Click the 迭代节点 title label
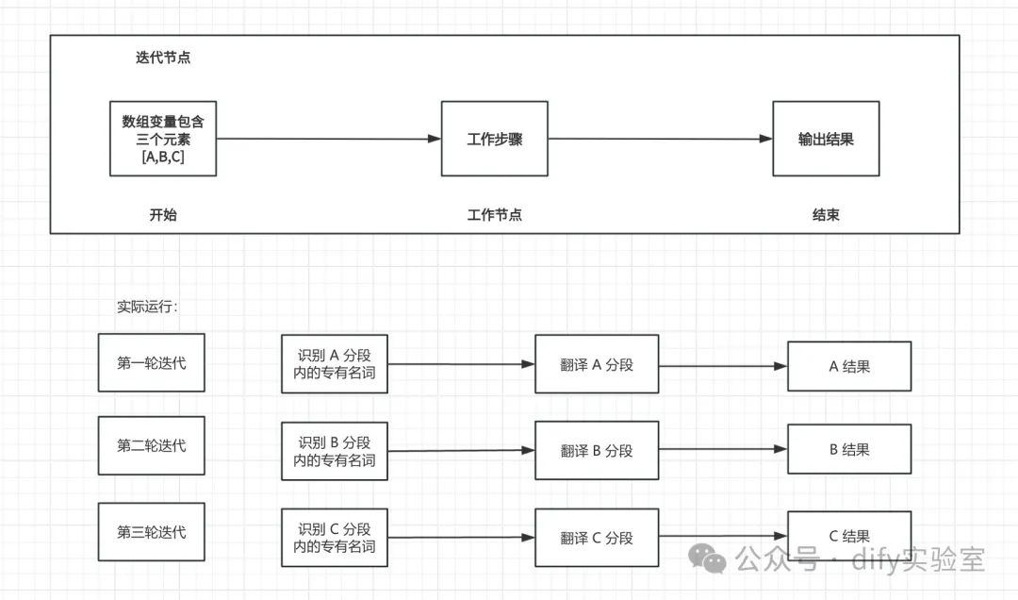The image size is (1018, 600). coord(163,58)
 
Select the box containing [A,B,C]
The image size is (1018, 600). coord(163,139)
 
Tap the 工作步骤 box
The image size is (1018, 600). coord(495,139)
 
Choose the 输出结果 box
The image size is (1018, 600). coord(826,139)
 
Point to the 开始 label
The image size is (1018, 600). coord(163,214)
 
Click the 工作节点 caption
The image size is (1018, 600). coord(495,214)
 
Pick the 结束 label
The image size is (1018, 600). coord(826,214)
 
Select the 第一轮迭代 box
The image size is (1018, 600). coord(151,362)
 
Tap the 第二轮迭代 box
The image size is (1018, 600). coord(151,445)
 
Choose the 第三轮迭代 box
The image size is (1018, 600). coord(151,532)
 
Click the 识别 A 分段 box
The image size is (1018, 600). coord(335,364)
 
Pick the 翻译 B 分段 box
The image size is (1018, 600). coord(597,451)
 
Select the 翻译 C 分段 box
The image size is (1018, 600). coord(597,538)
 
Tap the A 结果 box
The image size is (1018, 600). coord(849,366)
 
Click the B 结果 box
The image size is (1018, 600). coord(849,449)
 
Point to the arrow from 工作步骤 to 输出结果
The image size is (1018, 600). coord(660,139)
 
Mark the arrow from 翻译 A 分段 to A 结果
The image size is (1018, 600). coord(723,366)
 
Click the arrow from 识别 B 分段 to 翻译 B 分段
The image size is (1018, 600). coord(462,451)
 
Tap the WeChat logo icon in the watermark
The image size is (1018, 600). coord(707,558)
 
